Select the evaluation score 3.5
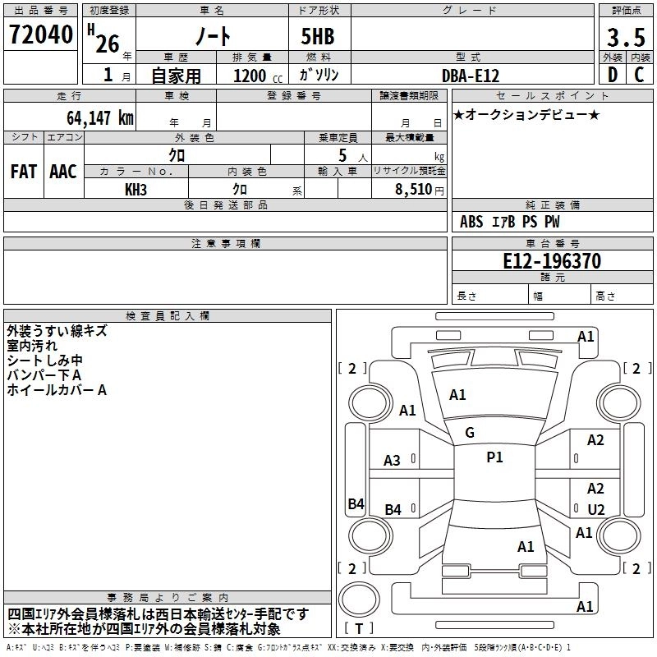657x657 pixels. tap(625, 38)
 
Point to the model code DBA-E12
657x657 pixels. tap(471, 76)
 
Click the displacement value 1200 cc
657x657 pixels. tap(250, 76)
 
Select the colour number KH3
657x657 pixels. tap(136, 189)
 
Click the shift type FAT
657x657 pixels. tap(23, 171)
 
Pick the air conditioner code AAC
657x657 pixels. tap(63, 171)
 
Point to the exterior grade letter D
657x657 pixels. tap(612, 76)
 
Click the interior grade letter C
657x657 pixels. tap(638, 76)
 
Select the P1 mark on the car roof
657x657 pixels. tap(494, 457)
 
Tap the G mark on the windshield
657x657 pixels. tap(470, 432)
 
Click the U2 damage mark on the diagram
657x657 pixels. tap(595, 509)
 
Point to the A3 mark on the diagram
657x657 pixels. tap(393, 461)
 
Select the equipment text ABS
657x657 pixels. tap(471, 222)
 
